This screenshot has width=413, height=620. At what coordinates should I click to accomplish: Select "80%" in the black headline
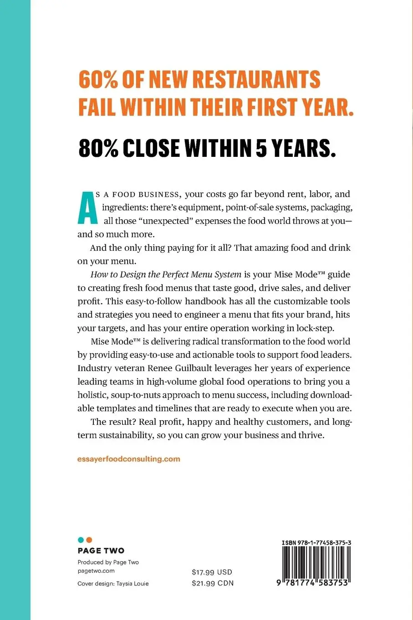tap(98, 148)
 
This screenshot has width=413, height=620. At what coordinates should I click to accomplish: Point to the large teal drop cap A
tap(87, 207)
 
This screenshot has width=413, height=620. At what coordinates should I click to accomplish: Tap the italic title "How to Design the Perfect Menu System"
tap(166, 274)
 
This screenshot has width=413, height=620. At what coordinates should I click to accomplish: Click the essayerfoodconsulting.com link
tap(129, 459)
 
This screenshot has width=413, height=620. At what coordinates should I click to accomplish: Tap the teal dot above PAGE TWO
tap(81, 540)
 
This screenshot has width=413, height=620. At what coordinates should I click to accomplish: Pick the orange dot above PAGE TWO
tap(89, 540)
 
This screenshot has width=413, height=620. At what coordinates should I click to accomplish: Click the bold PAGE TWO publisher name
tap(101, 551)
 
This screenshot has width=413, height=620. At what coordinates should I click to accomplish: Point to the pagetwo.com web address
tap(96, 571)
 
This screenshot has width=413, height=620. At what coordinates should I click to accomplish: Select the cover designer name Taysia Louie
tap(133, 584)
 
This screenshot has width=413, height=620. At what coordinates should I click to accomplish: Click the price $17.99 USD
tap(212, 572)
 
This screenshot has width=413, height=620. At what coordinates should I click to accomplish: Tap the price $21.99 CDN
tap(212, 583)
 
